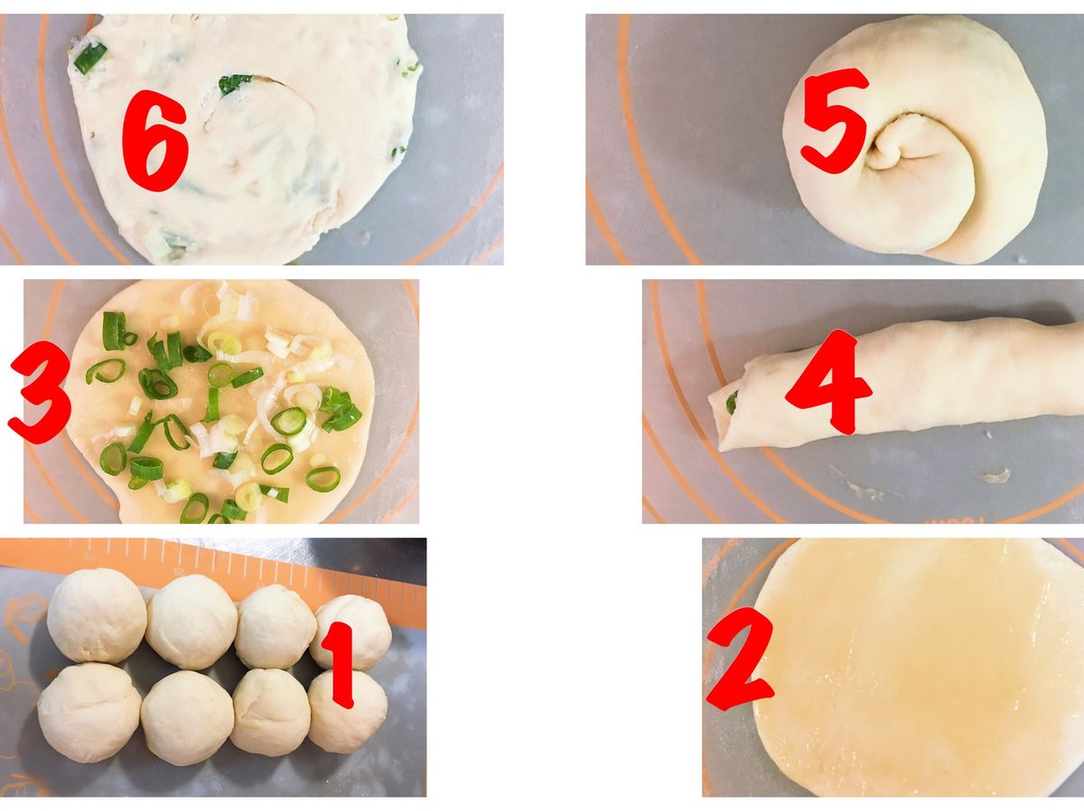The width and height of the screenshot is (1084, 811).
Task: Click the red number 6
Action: (154, 141)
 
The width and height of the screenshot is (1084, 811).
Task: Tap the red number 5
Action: (835, 121)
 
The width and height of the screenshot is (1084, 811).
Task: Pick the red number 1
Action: (341, 665)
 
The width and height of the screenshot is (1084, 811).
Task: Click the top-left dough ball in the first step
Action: (97, 615)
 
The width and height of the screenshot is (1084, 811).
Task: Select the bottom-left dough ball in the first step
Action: (89, 713)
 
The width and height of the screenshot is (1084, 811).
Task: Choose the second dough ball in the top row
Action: (192, 622)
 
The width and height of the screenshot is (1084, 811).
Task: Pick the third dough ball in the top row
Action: (276, 627)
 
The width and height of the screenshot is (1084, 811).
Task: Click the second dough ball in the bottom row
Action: (187, 718)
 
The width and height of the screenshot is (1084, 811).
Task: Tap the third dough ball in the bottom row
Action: (271, 713)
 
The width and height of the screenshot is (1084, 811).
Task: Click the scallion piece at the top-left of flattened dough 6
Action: (89, 57)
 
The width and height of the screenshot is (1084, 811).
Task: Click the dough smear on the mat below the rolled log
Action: (993, 475)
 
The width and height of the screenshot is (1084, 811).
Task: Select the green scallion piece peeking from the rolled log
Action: (732, 402)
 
